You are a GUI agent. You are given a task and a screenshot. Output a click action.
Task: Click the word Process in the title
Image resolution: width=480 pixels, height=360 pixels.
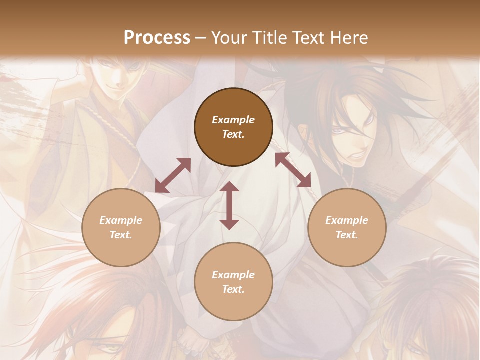[157, 38]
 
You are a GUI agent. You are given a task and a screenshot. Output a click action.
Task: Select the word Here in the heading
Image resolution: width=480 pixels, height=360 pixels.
[349, 38]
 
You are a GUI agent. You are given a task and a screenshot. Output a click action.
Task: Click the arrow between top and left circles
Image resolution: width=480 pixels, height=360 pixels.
[173, 175]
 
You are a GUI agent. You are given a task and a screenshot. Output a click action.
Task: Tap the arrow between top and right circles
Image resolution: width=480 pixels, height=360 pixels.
[293, 170]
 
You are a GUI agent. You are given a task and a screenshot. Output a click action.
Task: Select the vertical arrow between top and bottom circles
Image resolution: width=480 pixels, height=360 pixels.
[229, 206]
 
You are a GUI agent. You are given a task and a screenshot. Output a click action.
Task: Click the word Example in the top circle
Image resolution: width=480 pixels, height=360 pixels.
[233, 120]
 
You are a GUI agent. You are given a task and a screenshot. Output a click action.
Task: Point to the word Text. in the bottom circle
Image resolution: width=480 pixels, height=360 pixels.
[233, 289]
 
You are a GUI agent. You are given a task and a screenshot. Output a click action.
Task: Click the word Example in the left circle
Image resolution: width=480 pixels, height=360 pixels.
[121, 220]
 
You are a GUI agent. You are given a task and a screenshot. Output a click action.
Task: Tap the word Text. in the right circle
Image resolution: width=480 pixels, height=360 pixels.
[347, 235]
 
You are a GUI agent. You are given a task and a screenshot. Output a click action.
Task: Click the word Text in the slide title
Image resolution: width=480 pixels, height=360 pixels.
[307, 38]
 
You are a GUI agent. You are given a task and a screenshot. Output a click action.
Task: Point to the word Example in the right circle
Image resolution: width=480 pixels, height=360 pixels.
[347, 220]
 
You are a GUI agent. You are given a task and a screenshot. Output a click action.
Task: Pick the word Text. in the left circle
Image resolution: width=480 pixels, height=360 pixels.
[121, 235]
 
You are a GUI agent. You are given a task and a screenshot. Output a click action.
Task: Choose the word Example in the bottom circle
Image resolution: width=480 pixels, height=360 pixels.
[233, 275]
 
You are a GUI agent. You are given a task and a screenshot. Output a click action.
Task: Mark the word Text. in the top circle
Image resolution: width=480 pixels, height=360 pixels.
[233, 134]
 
